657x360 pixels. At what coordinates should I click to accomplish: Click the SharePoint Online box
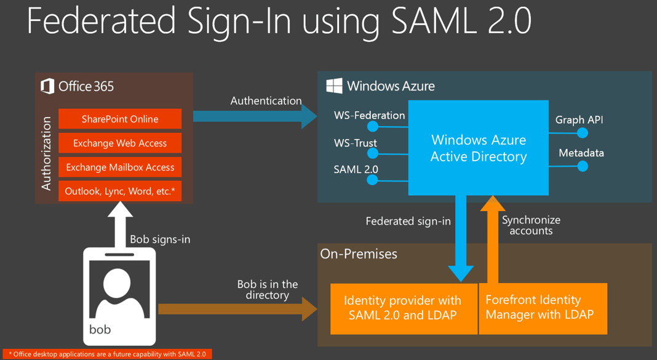120,119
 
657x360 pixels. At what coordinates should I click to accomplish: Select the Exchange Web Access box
120,143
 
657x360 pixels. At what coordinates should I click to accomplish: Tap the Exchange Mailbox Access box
120,167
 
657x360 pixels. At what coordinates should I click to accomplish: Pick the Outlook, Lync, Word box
120,191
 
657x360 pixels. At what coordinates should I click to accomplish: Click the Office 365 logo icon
47,86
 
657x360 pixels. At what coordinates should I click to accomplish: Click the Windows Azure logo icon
334,86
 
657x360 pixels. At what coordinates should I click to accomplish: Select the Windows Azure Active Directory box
478,148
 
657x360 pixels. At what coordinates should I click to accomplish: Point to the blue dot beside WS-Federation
373,127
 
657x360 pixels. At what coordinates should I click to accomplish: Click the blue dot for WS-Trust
373,154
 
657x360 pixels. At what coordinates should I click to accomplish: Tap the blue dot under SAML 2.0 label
373,180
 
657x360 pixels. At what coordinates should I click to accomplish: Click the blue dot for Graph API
582,132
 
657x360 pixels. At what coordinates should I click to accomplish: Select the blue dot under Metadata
582,166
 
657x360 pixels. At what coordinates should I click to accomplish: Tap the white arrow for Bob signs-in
120,222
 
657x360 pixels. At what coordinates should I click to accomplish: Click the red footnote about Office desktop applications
107,354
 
